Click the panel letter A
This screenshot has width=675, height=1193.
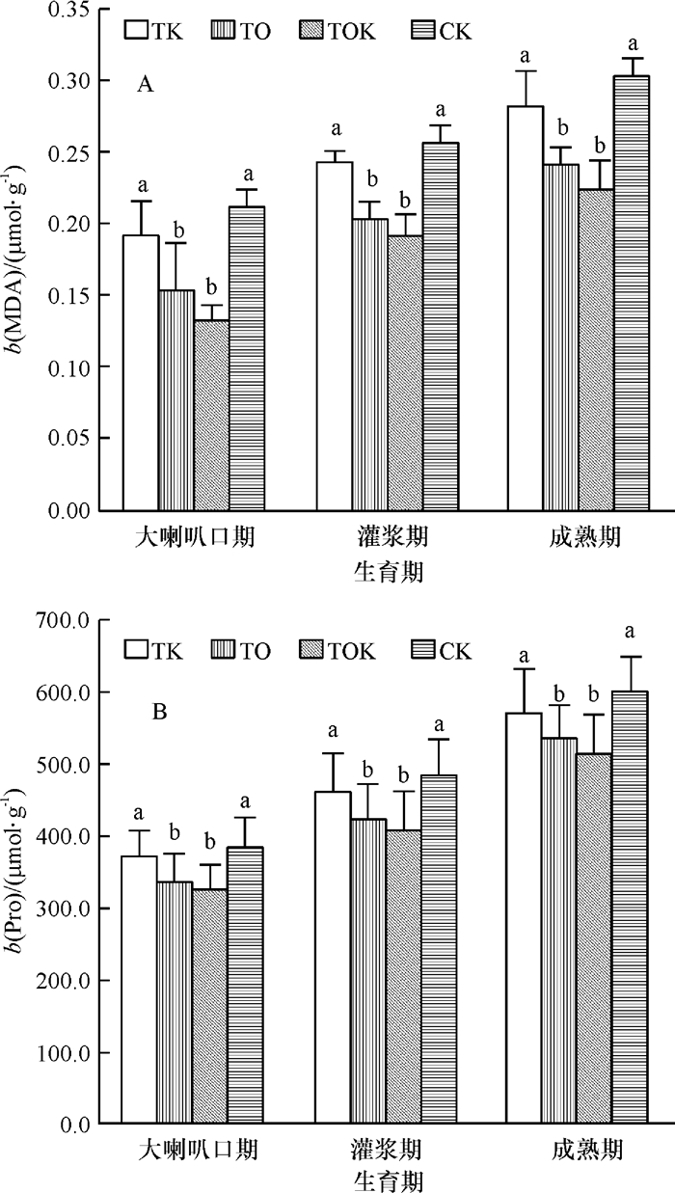click(x=146, y=86)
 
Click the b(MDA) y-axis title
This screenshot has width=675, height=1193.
click(x=19, y=259)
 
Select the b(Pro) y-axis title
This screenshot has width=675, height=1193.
click(x=19, y=873)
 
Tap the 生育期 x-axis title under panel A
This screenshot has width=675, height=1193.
click(x=386, y=573)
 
